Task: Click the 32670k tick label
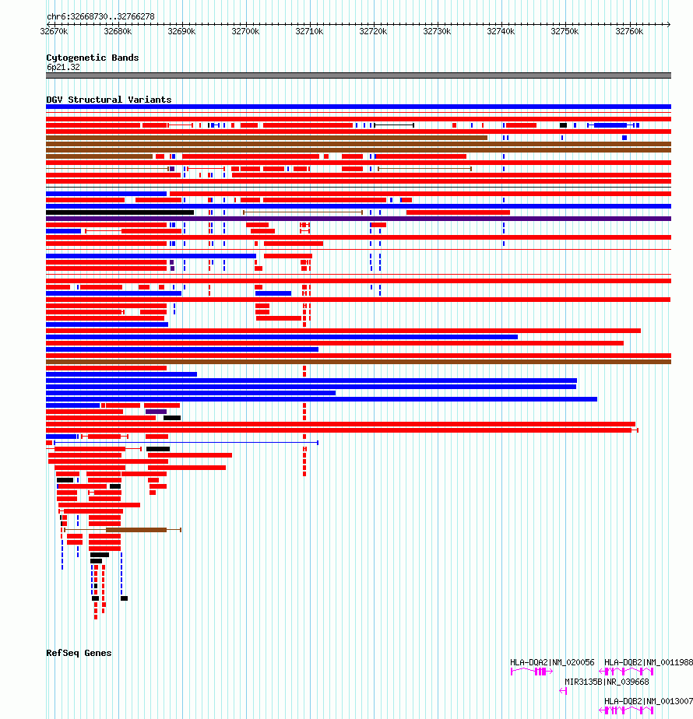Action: tap(54, 31)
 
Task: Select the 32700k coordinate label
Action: tap(245, 31)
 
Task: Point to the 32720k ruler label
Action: tap(373, 31)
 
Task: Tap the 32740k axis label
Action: tap(501, 31)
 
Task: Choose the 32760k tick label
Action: tap(628, 31)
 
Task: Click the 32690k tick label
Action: tap(181, 31)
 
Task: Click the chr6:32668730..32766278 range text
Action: tap(100, 16)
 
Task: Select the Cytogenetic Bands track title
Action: tap(92, 58)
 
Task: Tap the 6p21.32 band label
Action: tap(63, 67)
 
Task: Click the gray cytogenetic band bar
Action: tap(358, 75)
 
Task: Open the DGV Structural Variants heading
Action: tap(108, 100)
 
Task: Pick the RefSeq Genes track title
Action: tap(79, 653)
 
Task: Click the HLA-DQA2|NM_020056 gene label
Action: tap(552, 662)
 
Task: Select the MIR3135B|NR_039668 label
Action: tap(606, 682)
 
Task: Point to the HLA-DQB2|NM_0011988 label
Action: tap(649, 662)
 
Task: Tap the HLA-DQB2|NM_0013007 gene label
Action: tap(649, 701)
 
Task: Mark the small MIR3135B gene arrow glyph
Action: tap(563, 690)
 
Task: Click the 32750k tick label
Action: tap(565, 31)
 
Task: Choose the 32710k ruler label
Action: tap(309, 31)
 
